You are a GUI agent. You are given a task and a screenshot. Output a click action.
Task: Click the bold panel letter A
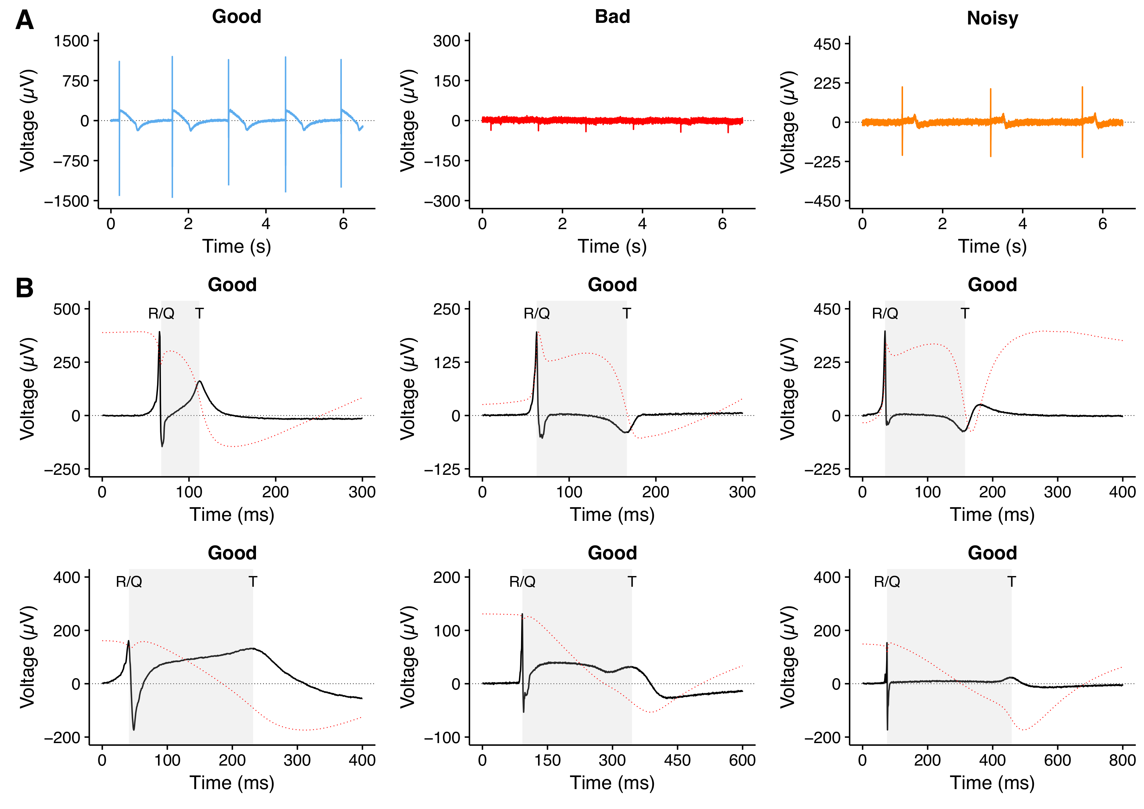(x=24, y=21)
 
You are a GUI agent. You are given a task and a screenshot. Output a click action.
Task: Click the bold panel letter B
(x=24, y=288)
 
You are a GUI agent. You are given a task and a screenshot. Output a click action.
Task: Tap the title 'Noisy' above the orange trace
(x=992, y=18)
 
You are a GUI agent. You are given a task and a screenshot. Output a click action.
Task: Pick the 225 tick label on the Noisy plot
(x=827, y=83)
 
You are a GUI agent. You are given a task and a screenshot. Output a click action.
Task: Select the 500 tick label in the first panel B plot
(x=67, y=309)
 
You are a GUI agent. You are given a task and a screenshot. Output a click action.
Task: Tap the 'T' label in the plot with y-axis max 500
(x=199, y=313)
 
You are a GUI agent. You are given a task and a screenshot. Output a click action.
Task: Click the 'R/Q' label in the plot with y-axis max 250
(x=537, y=313)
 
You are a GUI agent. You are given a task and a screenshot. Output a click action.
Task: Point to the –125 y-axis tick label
(x=442, y=469)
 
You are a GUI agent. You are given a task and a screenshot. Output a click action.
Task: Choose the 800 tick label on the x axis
(x=1122, y=760)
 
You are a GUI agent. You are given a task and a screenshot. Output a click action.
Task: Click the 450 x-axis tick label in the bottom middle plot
(x=677, y=760)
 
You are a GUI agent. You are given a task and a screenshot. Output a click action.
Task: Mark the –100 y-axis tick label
(x=442, y=737)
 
